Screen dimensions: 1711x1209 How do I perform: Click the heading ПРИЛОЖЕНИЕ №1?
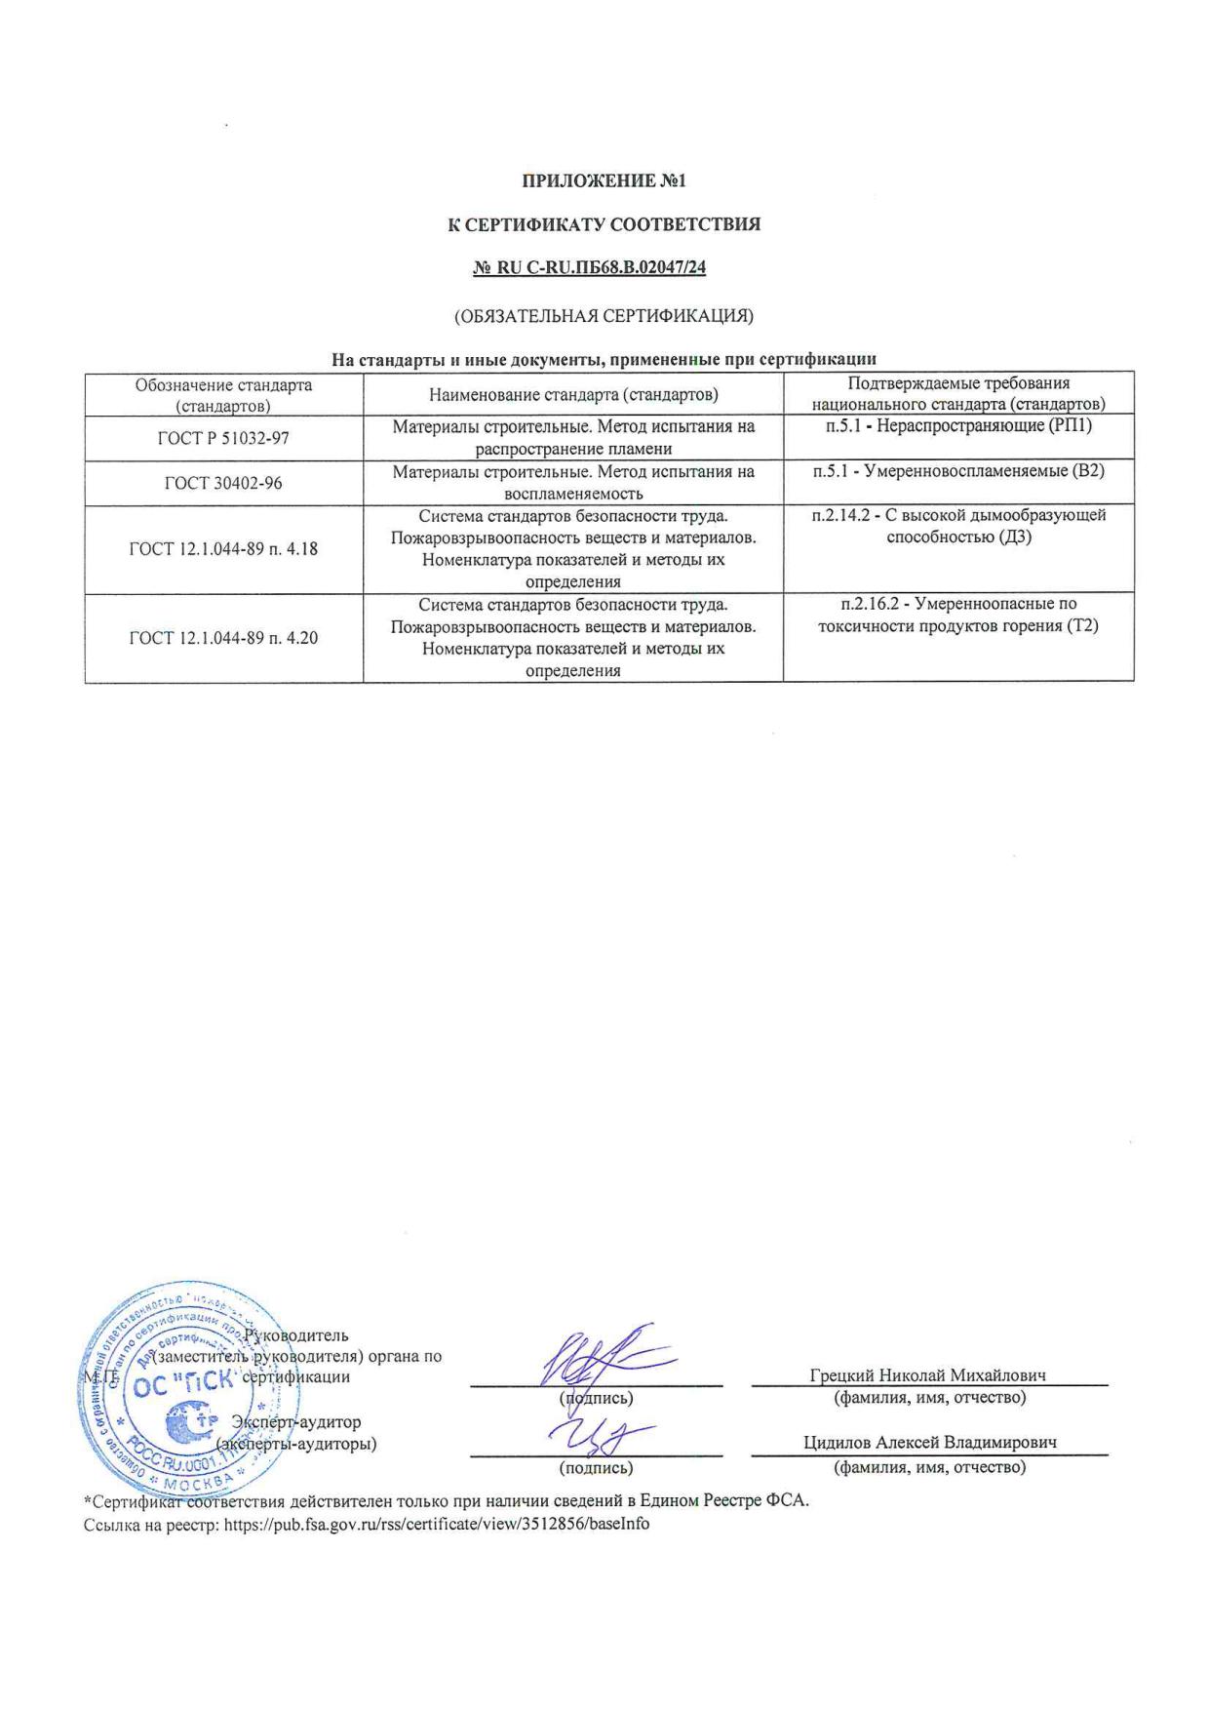604,180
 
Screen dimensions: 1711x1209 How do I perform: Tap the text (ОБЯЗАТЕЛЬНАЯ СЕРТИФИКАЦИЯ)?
604,316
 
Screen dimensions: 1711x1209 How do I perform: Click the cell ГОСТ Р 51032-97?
223,438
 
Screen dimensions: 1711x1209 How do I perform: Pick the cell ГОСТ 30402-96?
223,483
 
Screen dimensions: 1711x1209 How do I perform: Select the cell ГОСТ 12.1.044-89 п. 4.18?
223,549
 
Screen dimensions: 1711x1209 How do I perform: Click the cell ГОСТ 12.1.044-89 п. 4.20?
223,638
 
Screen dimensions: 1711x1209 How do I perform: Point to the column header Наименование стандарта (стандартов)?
573,394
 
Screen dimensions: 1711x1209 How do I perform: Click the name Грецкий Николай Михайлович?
927,1374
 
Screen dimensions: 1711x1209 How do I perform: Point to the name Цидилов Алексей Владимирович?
930,1442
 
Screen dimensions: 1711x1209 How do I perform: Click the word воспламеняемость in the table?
573,494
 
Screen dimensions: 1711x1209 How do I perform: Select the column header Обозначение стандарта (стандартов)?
223,394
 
